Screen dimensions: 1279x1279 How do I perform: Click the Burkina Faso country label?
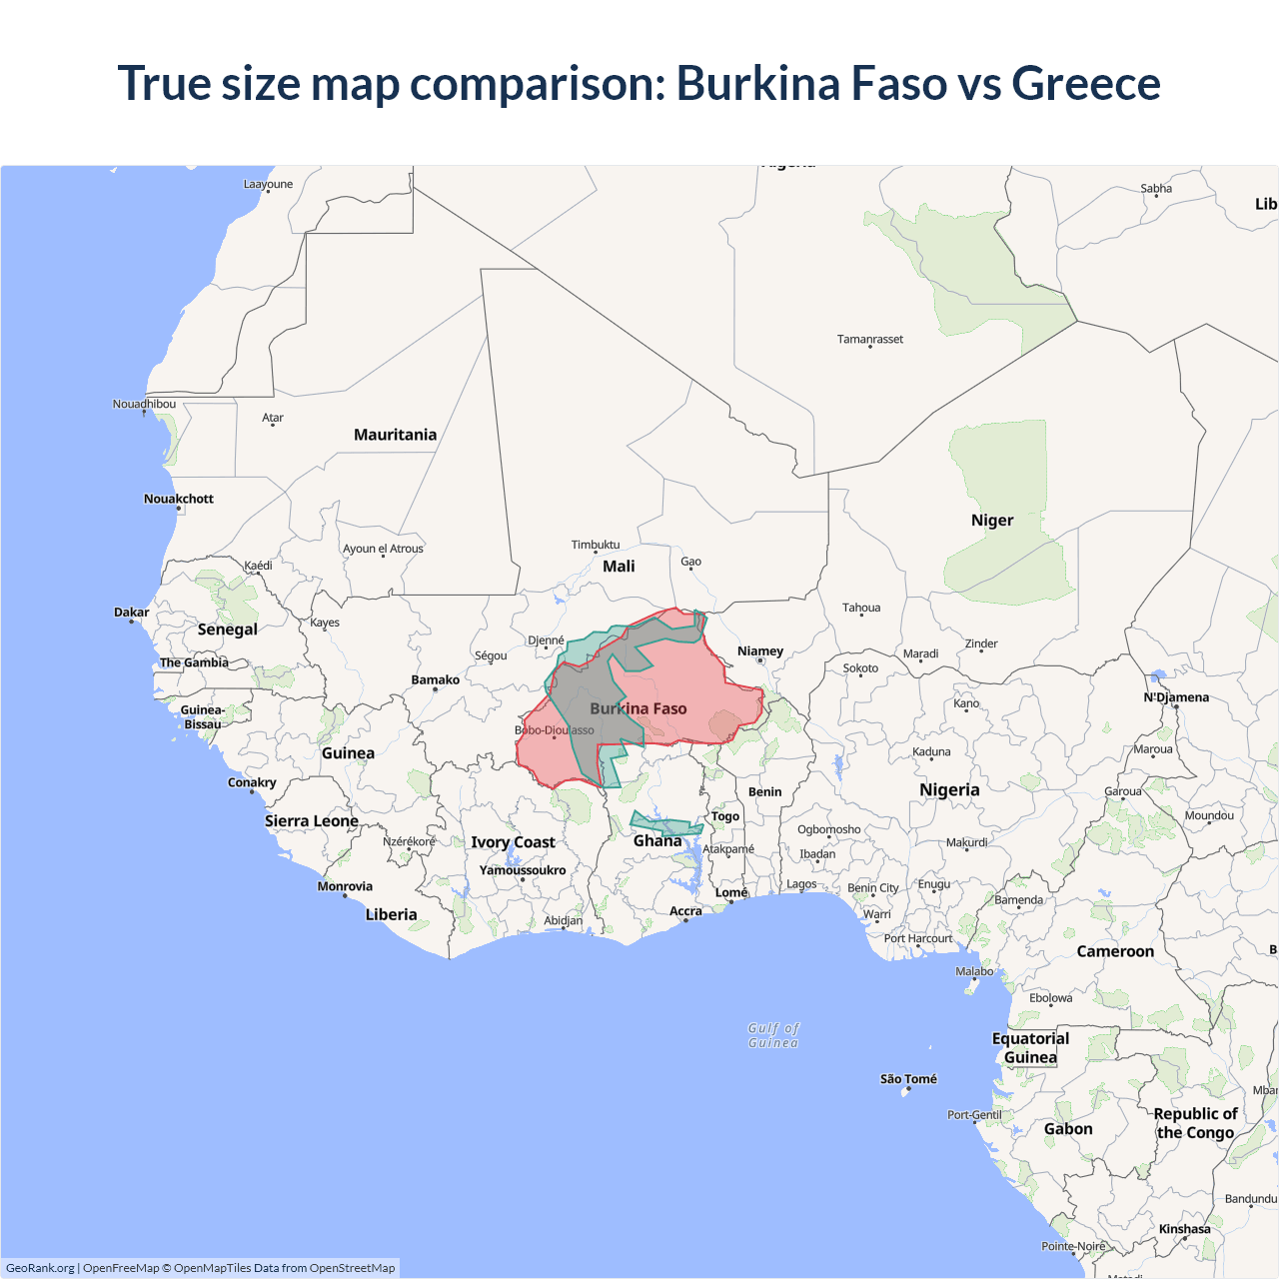(x=638, y=708)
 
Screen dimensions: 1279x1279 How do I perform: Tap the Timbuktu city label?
(x=596, y=545)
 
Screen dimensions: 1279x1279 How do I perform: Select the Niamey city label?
(x=760, y=651)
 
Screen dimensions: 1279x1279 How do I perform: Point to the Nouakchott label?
(x=179, y=499)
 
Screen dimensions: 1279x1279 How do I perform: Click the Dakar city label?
(x=131, y=613)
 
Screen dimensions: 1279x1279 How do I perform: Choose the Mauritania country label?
(x=395, y=435)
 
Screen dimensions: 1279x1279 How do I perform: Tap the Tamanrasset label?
(x=869, y=340)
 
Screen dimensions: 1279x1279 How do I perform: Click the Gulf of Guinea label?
(x=773, y=1035)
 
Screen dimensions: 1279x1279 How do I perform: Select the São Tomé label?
(x=908, y=1079)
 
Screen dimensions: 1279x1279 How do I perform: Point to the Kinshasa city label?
(x=1184, y=1229)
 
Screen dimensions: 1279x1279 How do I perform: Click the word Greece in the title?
(x=1086, y=83)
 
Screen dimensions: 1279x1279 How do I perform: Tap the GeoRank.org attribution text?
(x=40, y=1268)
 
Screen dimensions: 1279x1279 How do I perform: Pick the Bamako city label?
(x=436, y=680)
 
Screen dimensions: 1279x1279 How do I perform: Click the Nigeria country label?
(x=949, y=789)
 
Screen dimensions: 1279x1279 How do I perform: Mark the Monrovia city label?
(x=345, y=886)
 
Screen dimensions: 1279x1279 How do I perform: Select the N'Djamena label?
(x=1176, y=697)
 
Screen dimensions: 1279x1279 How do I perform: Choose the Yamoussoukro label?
(x=523, y=870)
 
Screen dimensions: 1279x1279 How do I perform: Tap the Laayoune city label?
(x=268, y=184)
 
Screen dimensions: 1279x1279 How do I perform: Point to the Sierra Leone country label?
(x=312, y=821)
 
